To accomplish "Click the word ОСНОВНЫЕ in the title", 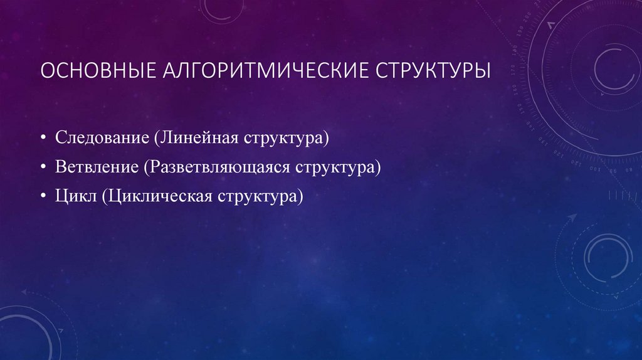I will click(92, 71).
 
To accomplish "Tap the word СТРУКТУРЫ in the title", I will click(433, 71).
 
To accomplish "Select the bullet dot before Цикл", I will click(46, 198).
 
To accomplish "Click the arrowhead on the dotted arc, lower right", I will click(571, 217).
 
